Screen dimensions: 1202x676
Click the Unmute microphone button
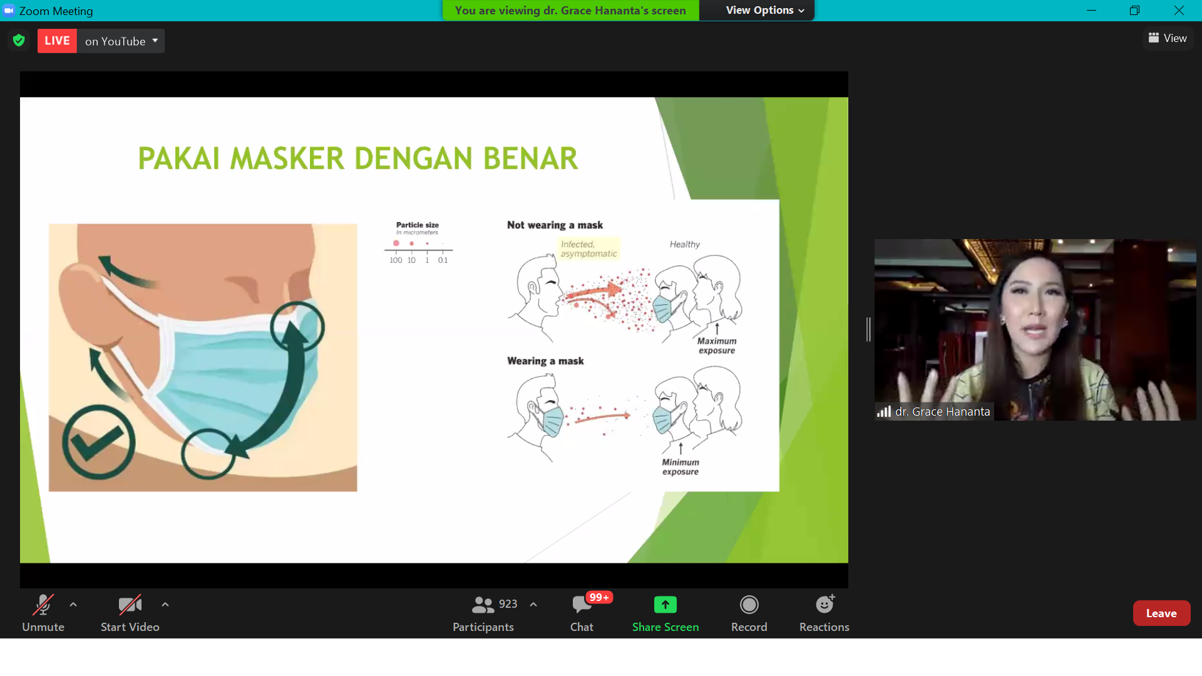coord(43,613)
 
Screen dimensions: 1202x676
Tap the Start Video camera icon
coord(130,605)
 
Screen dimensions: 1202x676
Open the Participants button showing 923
coord(483,613)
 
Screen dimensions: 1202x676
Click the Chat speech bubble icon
coord(582,605)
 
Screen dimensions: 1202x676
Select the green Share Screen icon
coord(665,605)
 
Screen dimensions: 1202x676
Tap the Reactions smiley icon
coord(824,605)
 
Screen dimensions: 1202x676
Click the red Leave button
coord(1161,613)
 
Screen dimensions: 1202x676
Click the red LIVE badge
coord(57,41)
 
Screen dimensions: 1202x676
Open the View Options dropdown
coord(764,11)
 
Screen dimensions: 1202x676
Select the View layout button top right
coord(1168,38)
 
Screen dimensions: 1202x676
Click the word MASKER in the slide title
coord(287,158)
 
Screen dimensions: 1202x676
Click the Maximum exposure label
coord(717,346)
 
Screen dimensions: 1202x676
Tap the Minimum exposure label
coord(681,467)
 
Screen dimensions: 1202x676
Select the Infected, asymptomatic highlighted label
coord(588,249)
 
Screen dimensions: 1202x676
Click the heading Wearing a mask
coord(545,361)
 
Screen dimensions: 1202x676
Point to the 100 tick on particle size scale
coord(396,260)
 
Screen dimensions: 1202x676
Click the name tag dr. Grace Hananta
coord(942,412)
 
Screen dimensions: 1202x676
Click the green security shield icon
coord(19,41)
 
